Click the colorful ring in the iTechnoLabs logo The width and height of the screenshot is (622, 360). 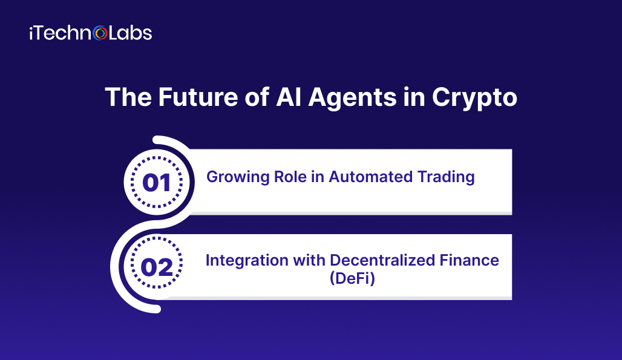point(100,33)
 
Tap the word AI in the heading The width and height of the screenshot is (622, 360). point(289,97)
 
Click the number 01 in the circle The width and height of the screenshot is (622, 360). point(157,183)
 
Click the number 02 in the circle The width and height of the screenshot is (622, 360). point(157,267)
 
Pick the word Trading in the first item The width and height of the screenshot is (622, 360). point(440,177)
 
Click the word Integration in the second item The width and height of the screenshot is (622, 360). point(247,261)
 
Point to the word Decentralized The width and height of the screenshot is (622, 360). point(382,261)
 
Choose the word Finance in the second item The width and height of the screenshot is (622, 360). point(470,261)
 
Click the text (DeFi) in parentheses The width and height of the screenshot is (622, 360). point(352,278)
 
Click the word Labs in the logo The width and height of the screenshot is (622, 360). point(130,33)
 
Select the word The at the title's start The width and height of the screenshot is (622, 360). point(128,97)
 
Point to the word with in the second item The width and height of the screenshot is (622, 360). point(309,261)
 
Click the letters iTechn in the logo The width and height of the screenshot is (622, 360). point(61,33)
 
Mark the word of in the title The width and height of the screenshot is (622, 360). point(257,97)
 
